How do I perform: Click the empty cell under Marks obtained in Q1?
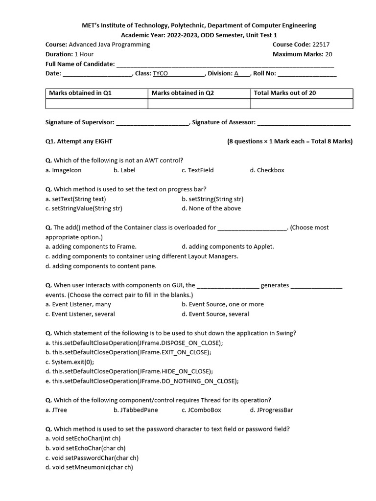[96, 103]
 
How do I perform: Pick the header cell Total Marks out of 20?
[284, 93]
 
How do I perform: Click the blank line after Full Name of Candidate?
[225, 64]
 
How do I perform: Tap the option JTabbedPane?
[136, 410]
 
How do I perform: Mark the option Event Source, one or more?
[222, 304]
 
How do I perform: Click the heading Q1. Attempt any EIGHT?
[79, 141]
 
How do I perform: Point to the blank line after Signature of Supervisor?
[152, 122]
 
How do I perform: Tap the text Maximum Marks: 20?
[303, 54]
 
